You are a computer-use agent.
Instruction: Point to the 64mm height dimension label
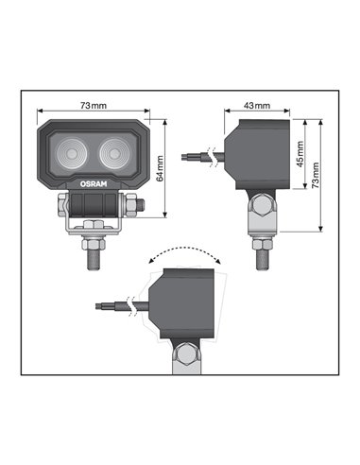pyautogui.click(x=160, y=169)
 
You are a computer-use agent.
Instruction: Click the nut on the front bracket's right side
pyautogui.click(x=139, y=204)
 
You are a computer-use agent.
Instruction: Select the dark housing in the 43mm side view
pyautogui.click(x=256, y=152)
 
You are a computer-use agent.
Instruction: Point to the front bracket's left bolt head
pyautogui.click(x=62, y=203)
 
